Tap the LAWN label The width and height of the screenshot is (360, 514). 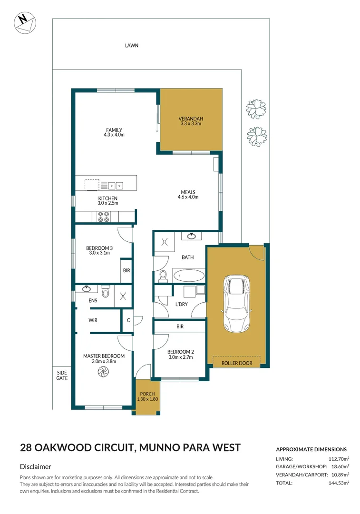pyautogui.click(x=132, y=46)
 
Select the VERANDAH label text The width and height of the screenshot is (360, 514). pyautogui.click(x=191, y=119)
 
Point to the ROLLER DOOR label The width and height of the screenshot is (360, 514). pyautogui.click(x=237, y=363)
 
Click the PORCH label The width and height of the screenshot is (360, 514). pyautogui.click(x=147, y=394)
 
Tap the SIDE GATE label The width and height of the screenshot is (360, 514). pyautogui.click(x=62, y=375)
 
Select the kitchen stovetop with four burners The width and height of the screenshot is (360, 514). pyautogui.click(x=104, y=217)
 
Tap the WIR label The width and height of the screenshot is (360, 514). pyautogui.click(x=93, y=320)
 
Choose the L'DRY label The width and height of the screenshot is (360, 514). pyautogui.click(x=181, y=303)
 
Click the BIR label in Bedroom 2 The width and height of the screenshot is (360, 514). pyautogui.click(x=180, y=326)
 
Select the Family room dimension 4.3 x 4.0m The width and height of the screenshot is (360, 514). pyautogui.click(x=114, y=135)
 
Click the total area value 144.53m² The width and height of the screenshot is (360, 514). pyautogui.click(x=339, y=483)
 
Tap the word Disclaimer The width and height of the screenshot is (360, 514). pyautogui.click(x=36, y=467)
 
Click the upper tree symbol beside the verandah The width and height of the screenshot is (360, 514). pyautogui.click(x=256, y=109)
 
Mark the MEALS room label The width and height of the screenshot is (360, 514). pyautogui.click(x=188, y=192)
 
